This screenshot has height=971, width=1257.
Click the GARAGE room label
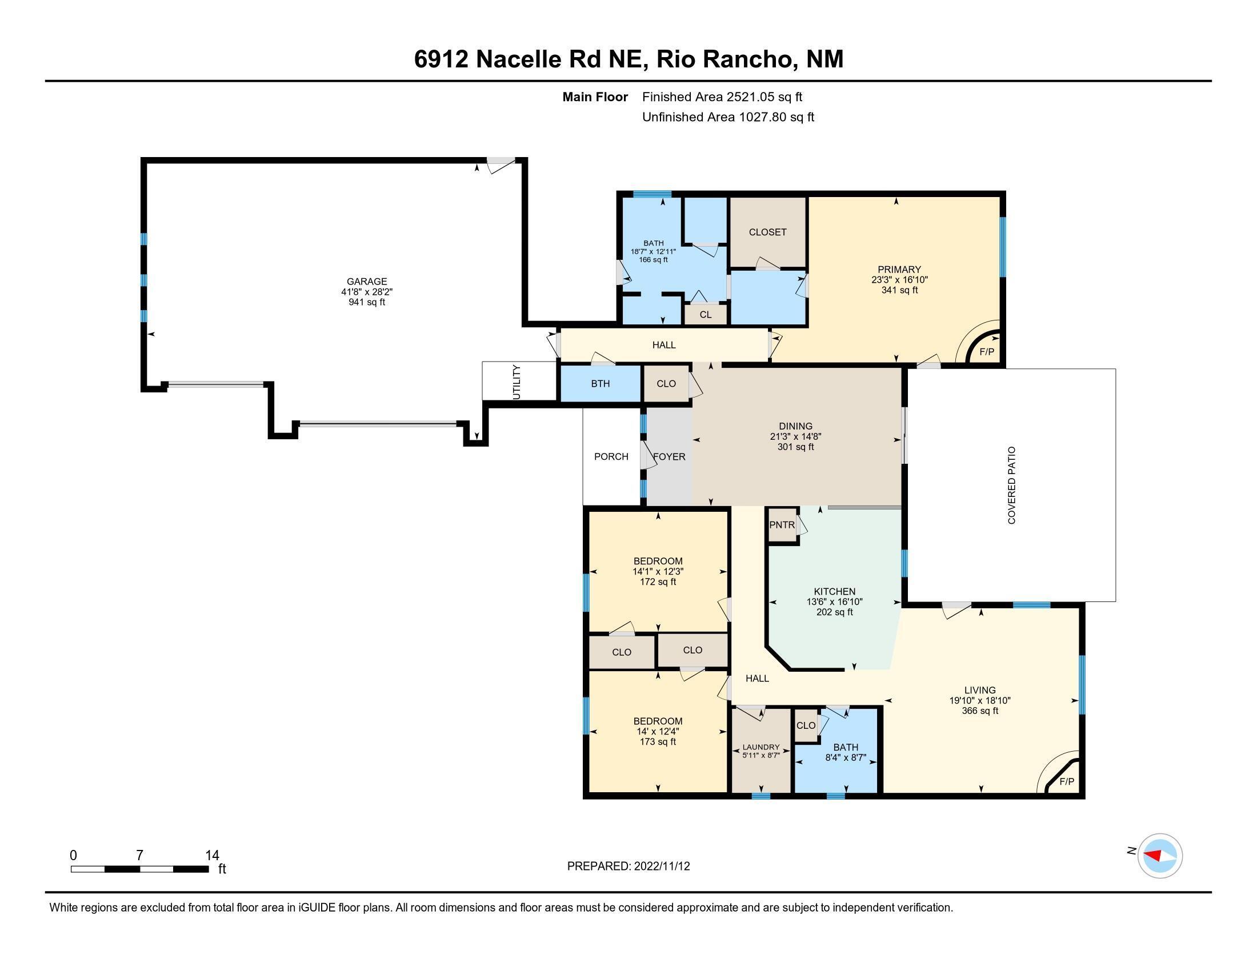pos(367,281)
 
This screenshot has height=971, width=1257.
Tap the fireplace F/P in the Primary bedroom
pos(987,351)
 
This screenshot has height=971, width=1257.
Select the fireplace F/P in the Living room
pos(1067,781)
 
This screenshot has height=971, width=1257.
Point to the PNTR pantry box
pos(782,524)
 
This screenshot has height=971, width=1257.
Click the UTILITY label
pos(517,382)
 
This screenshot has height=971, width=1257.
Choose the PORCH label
pos(611,456)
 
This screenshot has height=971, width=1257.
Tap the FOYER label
pos(670,457)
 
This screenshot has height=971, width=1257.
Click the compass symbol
pos(1160,856)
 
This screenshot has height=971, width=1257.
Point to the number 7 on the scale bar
pos(139,856)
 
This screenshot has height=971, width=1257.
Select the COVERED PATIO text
pos(1011,485)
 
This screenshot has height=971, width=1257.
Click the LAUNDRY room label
pos(761,747)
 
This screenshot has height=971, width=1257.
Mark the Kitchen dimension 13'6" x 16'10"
pos(835,601)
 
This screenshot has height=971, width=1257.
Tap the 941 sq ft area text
pos(367,302)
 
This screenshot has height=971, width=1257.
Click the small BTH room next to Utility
pos(601,384)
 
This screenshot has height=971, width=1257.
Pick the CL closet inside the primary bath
pos(706,315)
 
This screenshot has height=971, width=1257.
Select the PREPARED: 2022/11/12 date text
pos(628,866)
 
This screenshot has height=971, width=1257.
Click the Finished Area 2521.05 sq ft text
pos(722,97)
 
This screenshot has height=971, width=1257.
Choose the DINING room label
pos(795,426)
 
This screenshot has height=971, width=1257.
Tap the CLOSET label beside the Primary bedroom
pos(768,232)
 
